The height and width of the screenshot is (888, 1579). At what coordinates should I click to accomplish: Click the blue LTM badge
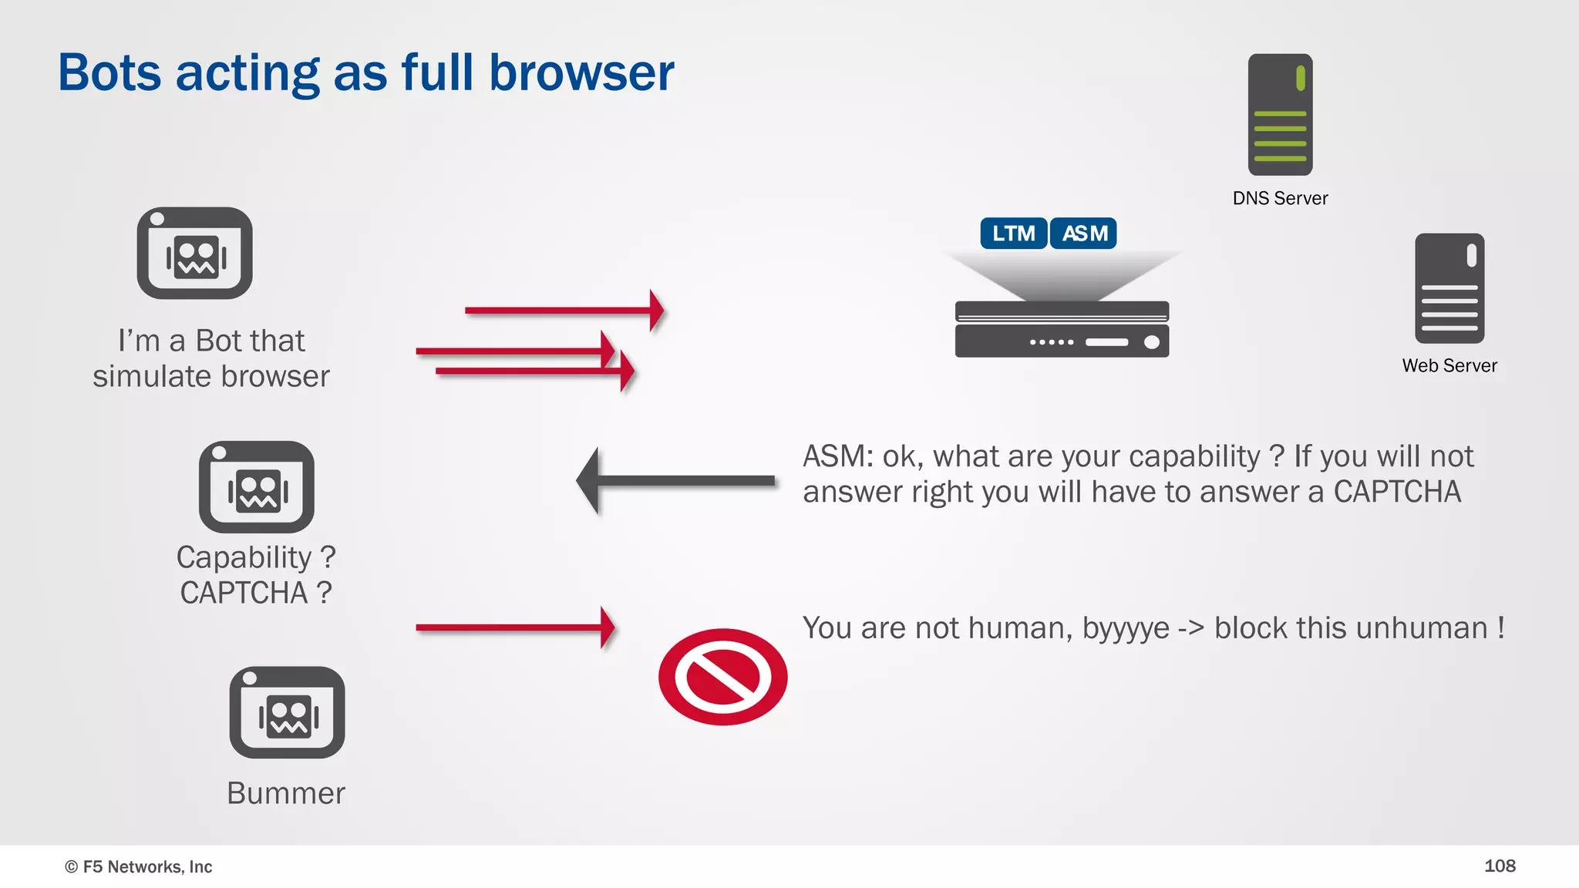pos(1013,234)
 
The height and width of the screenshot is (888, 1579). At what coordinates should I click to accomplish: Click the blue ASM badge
pos(1083,234)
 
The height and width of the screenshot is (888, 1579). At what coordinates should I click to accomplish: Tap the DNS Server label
pos(1280,198)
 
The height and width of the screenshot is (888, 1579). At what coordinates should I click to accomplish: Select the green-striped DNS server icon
pos(1280,114)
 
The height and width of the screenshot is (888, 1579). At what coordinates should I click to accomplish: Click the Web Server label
pos(1449,365)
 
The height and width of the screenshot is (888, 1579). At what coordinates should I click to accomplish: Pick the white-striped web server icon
pos(1449,288)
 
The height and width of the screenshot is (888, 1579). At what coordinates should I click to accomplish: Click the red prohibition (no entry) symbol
pos(722,677)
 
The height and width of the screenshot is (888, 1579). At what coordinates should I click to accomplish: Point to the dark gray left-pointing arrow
pos(675,480)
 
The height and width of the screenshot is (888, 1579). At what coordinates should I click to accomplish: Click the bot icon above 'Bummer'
pos(287,712)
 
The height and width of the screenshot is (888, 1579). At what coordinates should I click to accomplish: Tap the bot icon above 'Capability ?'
pos(256,487)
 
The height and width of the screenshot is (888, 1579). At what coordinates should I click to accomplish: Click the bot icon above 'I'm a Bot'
pos(194,253)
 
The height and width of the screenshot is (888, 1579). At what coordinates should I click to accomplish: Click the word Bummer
pos(286,793)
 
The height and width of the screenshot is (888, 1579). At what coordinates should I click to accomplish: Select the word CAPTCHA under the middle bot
pos(244,593)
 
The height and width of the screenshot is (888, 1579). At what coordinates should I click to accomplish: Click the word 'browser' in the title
pos(581,73)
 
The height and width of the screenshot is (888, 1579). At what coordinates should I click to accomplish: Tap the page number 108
pos(1499,866)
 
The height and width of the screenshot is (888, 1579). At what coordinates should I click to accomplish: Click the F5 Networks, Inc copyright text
pos(139,866)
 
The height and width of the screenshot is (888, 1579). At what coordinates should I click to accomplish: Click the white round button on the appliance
pos(1151,342)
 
